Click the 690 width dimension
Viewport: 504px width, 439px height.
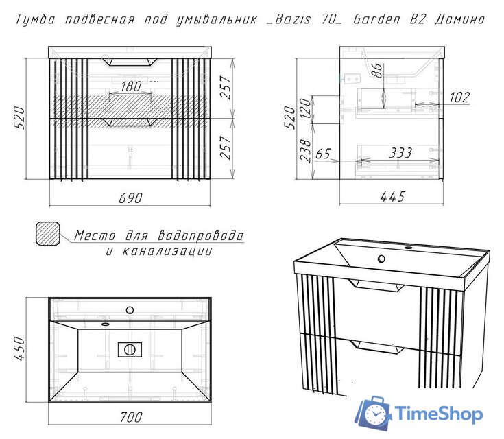[130, 198]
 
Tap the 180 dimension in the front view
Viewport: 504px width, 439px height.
[131, 86]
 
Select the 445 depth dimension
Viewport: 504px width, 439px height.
[393, 196]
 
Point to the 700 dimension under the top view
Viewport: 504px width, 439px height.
[131, 417]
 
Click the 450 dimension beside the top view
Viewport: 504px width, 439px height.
[19, 348]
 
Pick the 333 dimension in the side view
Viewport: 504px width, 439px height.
[400, 153]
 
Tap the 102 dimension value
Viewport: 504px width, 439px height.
[459, 97]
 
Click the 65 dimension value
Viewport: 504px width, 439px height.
[323, 154]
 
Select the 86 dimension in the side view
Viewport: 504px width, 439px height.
[376, 71]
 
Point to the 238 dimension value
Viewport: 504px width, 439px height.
[305, 150]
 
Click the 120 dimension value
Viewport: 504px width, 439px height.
[305, 108]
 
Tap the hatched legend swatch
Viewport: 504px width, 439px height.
[47, 233]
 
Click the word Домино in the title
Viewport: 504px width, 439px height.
[460, 20]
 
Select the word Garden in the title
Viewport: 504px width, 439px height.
[376, 19]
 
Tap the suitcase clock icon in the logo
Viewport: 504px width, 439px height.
[374, 413]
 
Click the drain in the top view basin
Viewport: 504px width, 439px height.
[130, 350]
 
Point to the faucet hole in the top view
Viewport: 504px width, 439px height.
[130, 310]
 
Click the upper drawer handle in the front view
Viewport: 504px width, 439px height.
[130, 62]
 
